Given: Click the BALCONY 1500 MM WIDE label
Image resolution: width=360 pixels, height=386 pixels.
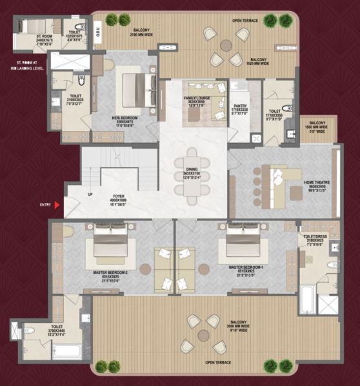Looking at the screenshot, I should (x=316, y=128).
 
